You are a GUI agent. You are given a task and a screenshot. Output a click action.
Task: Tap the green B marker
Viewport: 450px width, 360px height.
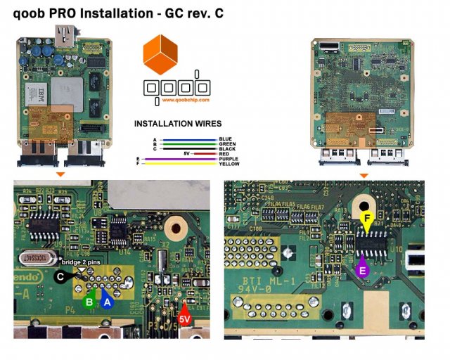click(89, 302)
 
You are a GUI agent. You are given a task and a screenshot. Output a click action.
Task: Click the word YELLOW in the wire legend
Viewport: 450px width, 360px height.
click(229, 164)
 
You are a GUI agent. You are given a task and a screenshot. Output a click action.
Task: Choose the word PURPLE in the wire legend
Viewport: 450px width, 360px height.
click(229, 159)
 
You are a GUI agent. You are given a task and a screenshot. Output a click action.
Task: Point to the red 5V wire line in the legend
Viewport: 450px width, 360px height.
click(204, 153)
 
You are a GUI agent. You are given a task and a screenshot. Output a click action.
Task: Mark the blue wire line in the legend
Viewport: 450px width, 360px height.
click(187, 139)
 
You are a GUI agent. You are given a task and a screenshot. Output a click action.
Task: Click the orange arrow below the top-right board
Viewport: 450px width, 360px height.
click(364, 174)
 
